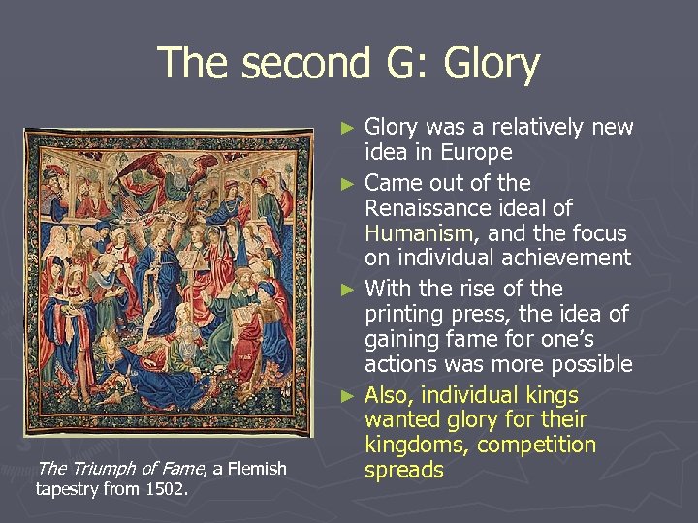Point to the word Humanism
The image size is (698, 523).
click(x=413, y=233)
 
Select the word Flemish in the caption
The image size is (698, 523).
click(x=256, y=469)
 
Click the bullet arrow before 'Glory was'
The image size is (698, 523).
click(x=352, y=127)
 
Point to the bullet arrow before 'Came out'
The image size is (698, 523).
click(x=352, y=182)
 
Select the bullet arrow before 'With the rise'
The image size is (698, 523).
click(x=352, y=289)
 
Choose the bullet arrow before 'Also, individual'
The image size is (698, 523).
click(x=352, y=395)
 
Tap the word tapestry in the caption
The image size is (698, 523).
click(x=66, y=488)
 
